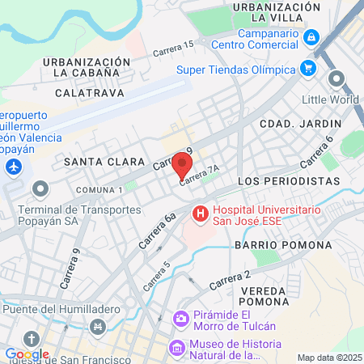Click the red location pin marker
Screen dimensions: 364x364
pyautogui.click(x=182, y=165)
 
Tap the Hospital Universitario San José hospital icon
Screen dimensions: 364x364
pyautogui.click(x=198, y=214)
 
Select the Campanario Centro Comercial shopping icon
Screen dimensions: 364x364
pyautogui.click(x=311, y=37)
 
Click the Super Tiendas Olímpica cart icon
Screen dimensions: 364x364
pyautogui.click(x=307, y=69)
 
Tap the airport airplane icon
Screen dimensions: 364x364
pyautogui.click(x=12, y=167)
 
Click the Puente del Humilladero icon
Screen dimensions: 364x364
pyautogui.click(x=99, y=326)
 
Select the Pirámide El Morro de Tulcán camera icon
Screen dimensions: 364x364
pyautogui.click(x=181, y=320)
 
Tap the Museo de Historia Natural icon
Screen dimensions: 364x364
pyautogui.click(x=176, y=348)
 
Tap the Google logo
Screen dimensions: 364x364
pyautogui.click(x=27, y=353)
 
